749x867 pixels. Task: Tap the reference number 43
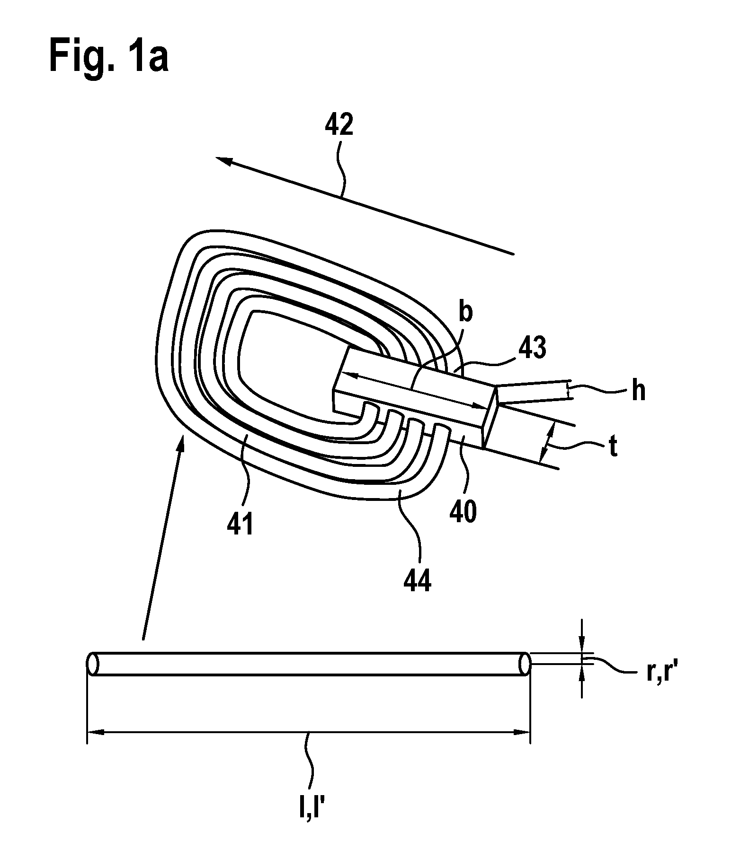click(x=532, y=349)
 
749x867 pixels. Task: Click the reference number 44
click(x=418, y=581)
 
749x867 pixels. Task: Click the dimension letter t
click(x=613, y=447)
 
